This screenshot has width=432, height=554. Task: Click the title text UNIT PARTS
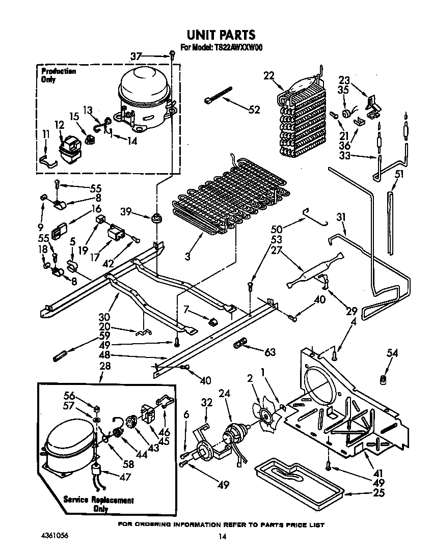tap(221, 35)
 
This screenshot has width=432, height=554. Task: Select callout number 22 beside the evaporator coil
tap(269, 76)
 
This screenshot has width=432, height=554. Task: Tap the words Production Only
tap(58, 75)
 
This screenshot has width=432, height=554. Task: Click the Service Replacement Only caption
tap(98, 504)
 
